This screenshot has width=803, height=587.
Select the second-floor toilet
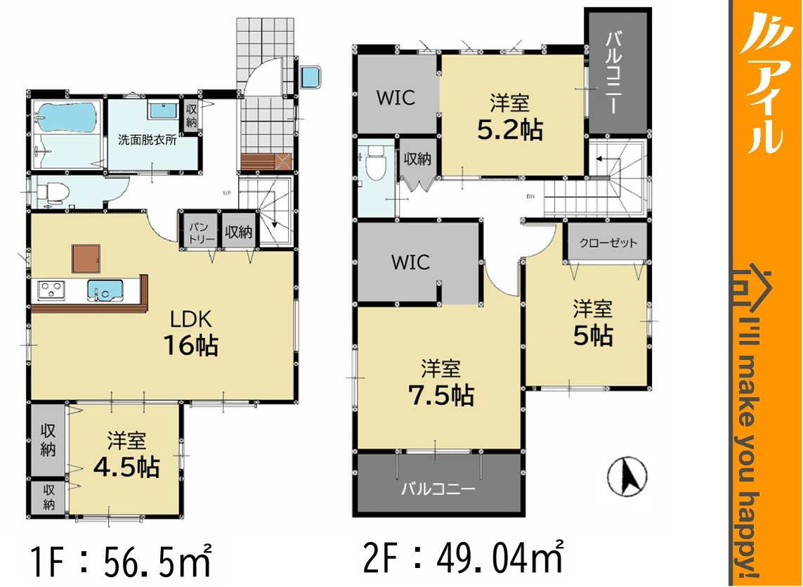coord(376,163)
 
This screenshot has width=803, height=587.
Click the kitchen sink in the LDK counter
coord(105,289)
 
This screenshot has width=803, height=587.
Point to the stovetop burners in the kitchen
coord(51,290)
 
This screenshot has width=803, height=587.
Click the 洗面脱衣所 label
coord(148,139)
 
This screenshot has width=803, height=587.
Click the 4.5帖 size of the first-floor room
coord(126,467)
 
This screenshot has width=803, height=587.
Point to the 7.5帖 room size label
coord(441,395)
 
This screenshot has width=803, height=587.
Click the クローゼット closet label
coord(608,243)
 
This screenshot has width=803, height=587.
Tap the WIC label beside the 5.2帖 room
coord(396,98)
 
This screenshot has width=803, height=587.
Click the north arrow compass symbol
coord(627,477)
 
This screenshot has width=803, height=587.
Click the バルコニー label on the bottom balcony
coord(438,489)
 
